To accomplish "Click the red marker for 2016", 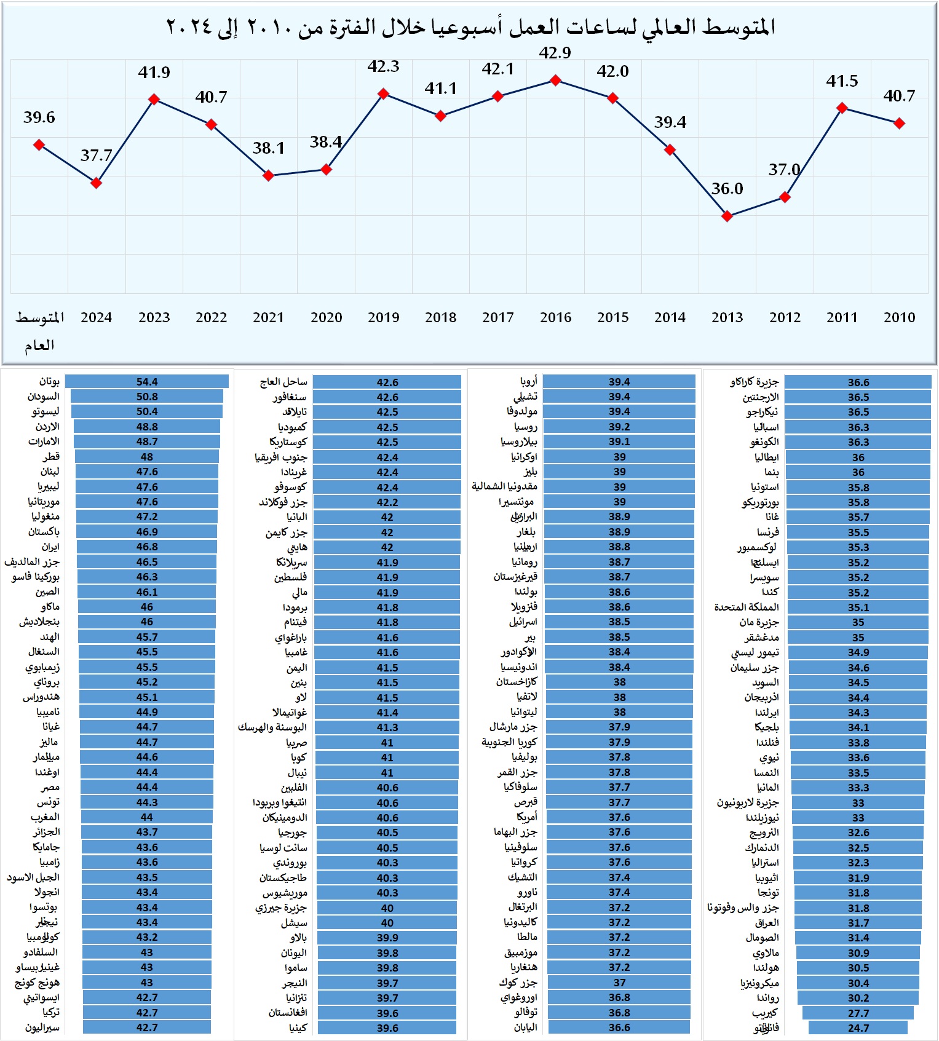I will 555,81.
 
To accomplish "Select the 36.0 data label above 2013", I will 727,189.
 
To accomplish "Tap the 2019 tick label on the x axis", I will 383,318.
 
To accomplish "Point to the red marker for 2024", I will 96,183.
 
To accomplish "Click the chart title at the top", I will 470,27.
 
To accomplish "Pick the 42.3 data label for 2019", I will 383,66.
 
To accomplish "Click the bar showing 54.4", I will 147,382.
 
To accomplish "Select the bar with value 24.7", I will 858,1027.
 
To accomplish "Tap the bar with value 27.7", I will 858,1013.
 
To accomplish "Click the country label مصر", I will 50,787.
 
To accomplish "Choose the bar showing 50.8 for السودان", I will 147,397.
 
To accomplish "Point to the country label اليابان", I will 525,1027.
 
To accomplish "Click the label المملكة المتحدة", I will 747,608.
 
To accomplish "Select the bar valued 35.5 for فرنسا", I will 858,532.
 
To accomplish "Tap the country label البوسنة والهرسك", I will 272,727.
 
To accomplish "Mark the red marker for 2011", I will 842,108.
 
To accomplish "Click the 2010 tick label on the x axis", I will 899,318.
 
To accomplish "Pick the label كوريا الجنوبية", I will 509,742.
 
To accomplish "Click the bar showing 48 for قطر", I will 147,457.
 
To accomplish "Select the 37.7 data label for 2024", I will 96,156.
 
